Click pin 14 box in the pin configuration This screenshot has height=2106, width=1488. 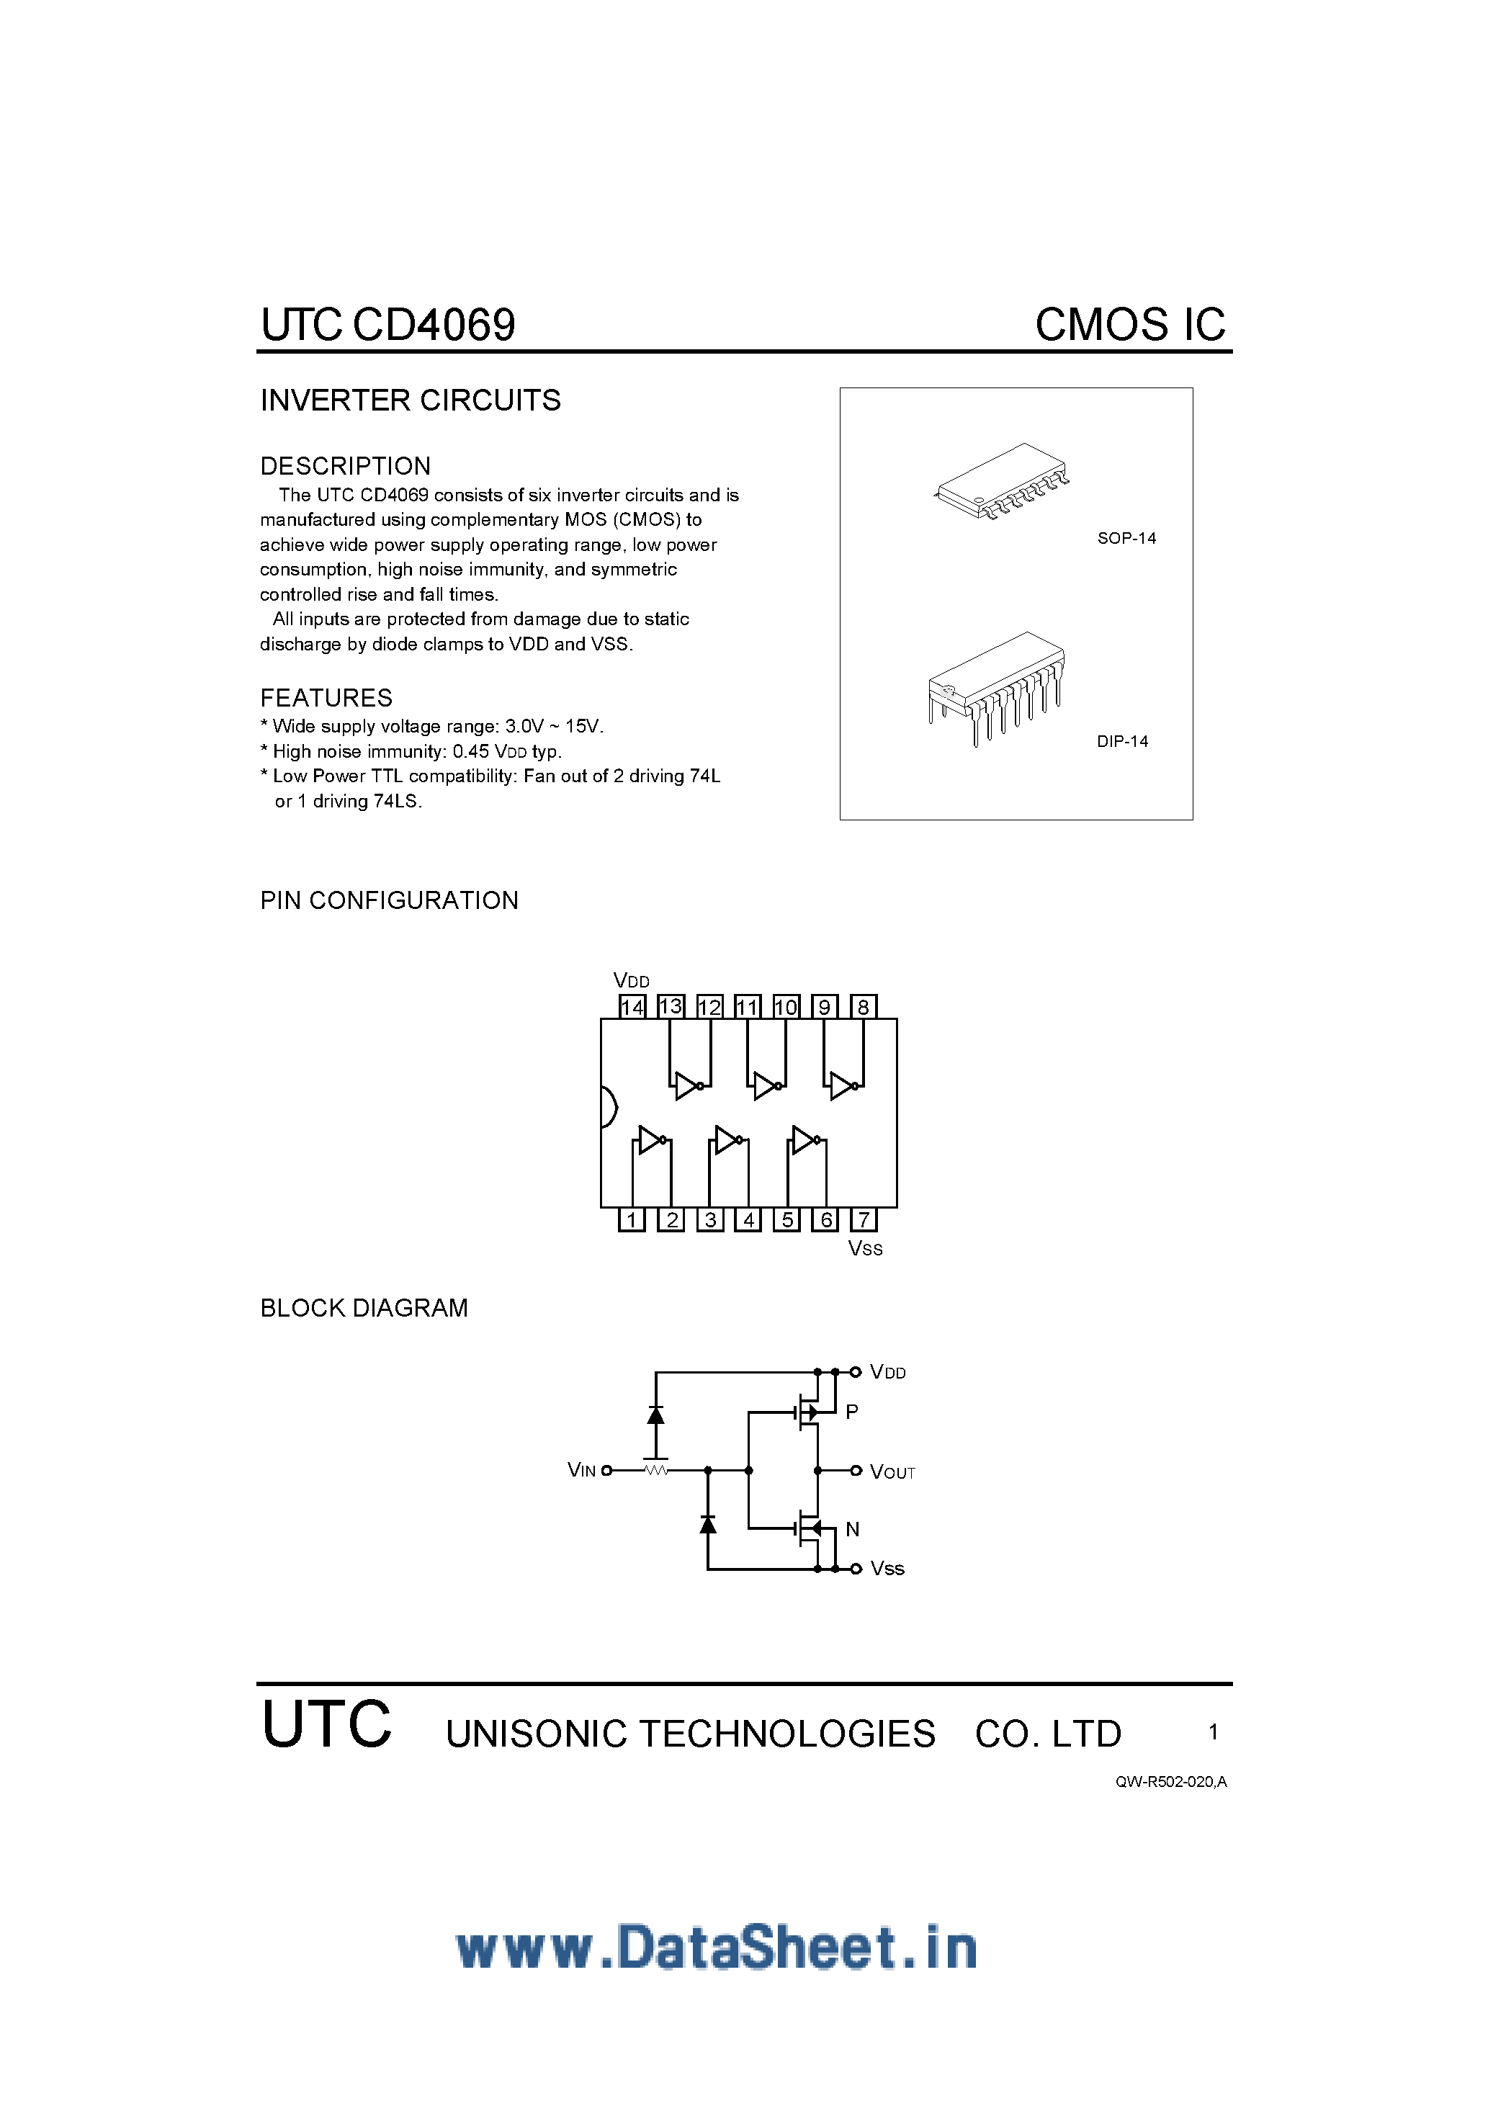coord(632,1006)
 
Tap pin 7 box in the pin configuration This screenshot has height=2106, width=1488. coord(864,1219)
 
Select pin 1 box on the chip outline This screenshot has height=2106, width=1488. coord(632,1219)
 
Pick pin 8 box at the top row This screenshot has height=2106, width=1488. coord(864,1006)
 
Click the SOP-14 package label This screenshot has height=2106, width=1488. coord(1126,539)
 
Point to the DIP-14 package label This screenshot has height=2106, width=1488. coord(1122,741)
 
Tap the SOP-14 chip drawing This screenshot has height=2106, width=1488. coord(1003,480)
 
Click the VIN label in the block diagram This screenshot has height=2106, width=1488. coord(582,1470)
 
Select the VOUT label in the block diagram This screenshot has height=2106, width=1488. coord(892,1472)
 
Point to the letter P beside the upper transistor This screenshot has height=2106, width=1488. coord(851,1412)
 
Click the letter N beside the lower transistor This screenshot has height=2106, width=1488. coord(852,1529)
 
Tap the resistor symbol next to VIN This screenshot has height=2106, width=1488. coord(656,1470)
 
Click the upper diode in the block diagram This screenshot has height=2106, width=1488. coord(655,1415)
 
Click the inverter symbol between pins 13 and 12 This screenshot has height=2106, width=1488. coord(688,1086)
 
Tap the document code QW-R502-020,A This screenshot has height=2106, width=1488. coord(1170,1781)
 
